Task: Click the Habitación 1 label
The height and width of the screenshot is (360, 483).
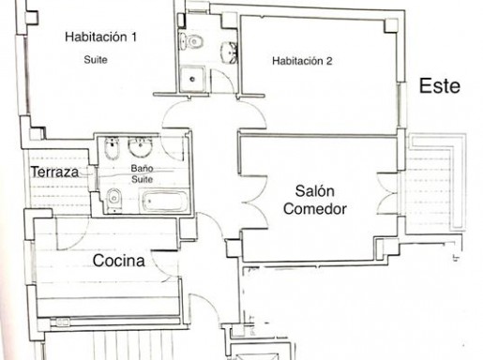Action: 100,37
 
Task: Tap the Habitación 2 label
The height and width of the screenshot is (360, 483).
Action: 302,61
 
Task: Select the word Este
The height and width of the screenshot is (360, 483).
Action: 440,86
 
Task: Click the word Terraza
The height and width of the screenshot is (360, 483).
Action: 54,172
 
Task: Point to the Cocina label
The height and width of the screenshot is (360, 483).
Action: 119,261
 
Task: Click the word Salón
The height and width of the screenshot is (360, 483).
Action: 315,190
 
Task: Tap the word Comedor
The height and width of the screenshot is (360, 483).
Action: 315,209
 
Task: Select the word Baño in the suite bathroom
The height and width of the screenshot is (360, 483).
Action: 142,169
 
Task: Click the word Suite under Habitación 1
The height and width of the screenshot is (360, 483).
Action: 96,59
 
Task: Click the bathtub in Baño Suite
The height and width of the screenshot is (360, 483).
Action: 165,202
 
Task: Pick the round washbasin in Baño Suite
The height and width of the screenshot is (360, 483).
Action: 141,147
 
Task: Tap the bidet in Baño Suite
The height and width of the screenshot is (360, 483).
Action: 112,148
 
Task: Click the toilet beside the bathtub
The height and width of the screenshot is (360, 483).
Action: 113,200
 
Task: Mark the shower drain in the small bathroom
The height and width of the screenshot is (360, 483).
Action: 192,79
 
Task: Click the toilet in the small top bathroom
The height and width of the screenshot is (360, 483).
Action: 191,41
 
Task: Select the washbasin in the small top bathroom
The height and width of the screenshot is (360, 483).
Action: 230,52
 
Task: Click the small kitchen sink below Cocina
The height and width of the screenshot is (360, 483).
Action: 63,322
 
